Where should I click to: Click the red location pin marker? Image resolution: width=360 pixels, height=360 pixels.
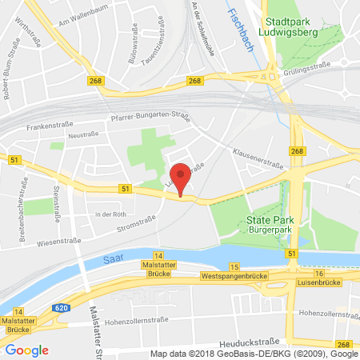[182, 178]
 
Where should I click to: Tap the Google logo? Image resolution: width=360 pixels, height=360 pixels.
[26, 350]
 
